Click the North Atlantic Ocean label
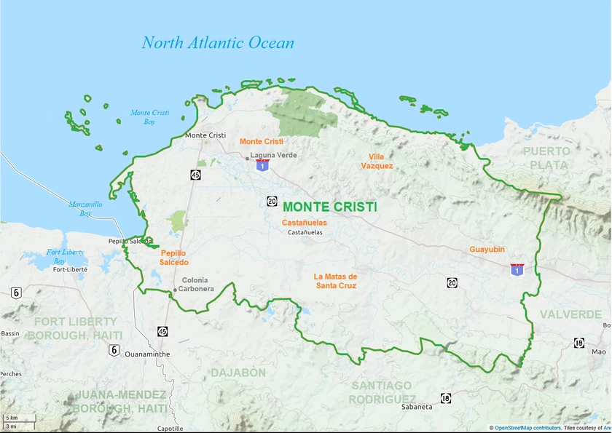[x=218, y=43]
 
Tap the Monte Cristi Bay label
[x=149, y=117]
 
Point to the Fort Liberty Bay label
[x=66, y=256]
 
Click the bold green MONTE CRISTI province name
[x=329, y=207]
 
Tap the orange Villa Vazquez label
[x=377, y=161]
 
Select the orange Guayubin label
[x=487, y=249]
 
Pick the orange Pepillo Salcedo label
[x=174, y=257]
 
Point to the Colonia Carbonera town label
[x=197, y=285]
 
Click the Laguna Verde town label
[x=273, y=155]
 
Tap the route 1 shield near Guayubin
[x=517, y=270]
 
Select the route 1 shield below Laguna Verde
[x=262, y=165]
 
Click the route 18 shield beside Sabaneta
[x=445, y=398]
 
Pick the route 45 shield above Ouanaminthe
[x=162, y=331]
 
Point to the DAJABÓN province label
[x=238, y=373]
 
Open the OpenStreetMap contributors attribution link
[x=527, y=428]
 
